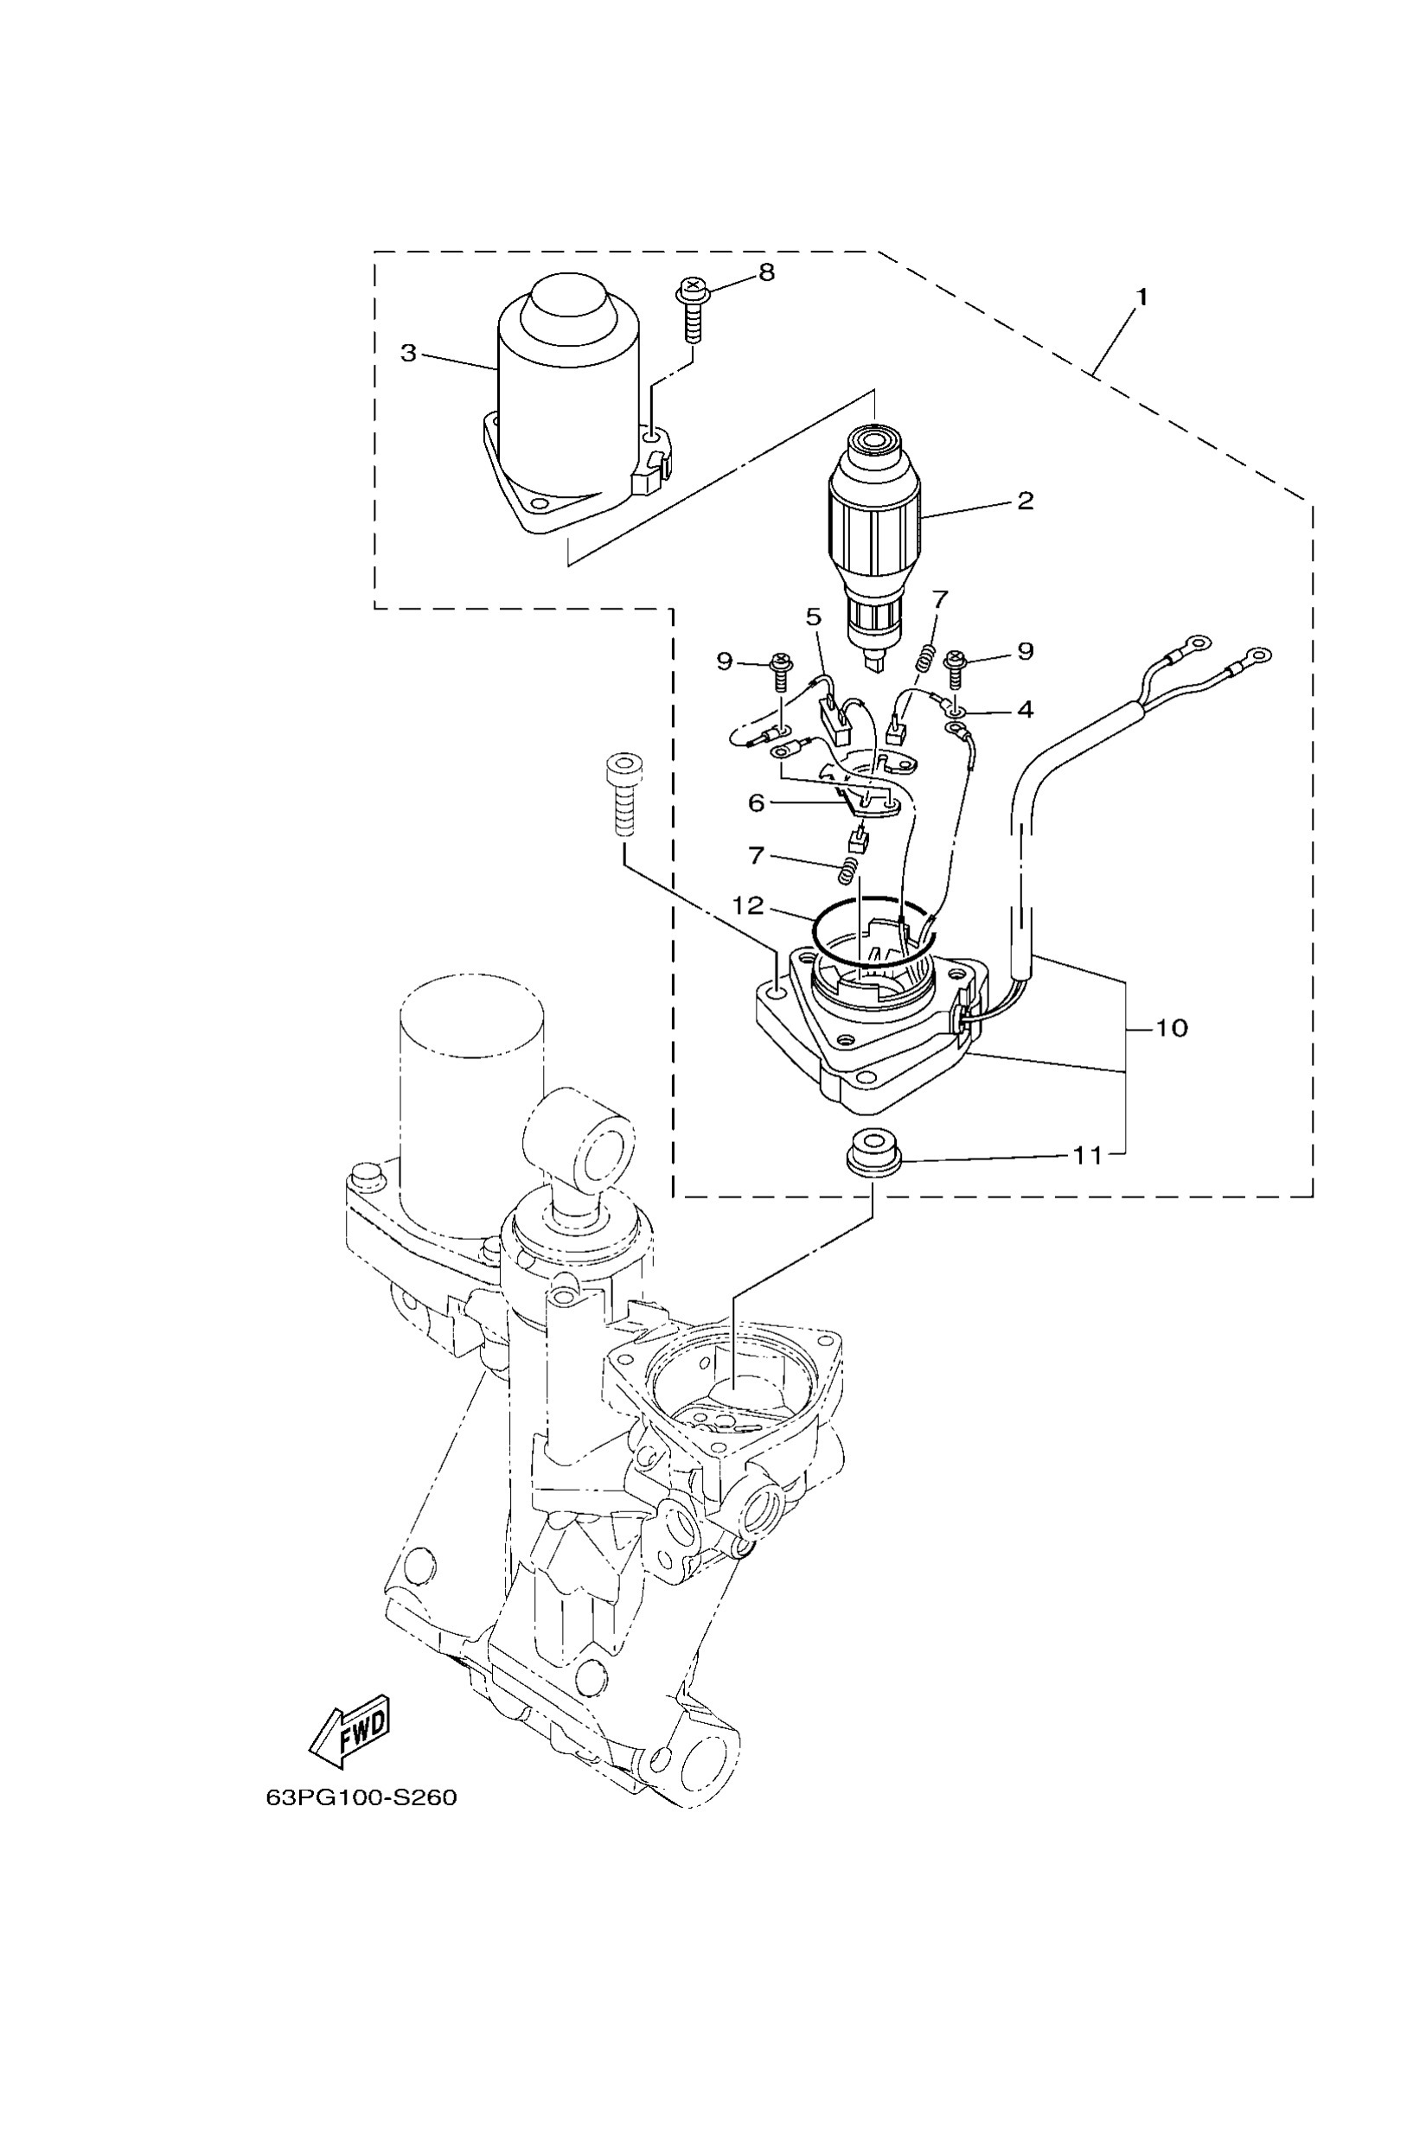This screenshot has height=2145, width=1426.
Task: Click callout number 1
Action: (1141, 297)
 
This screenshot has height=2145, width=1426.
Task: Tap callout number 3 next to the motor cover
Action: (409, 353)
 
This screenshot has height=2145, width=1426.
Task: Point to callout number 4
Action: (1025, 709)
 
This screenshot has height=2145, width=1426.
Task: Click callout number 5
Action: (812, 616)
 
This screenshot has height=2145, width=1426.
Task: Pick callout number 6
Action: (756, 803)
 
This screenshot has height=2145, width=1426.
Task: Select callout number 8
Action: (767, 271)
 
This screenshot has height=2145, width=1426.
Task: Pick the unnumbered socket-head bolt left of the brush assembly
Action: (623, 794)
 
